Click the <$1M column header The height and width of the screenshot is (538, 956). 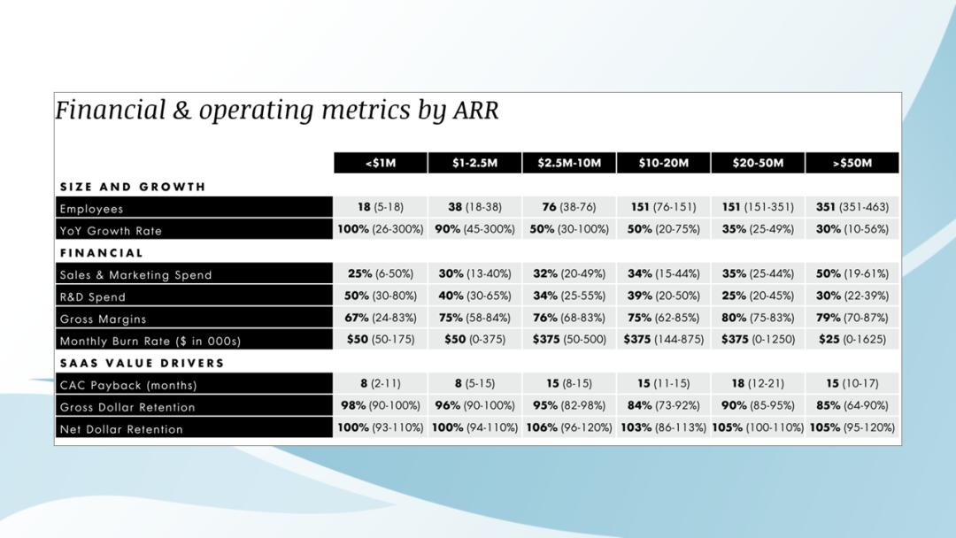(381, 163)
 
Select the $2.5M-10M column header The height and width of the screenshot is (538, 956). (569, 163)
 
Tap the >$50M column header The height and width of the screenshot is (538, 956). (852, 163)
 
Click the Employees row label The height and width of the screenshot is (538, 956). (91, 209)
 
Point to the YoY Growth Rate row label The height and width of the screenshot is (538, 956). (111, 231)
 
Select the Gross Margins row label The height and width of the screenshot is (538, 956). (103, 319)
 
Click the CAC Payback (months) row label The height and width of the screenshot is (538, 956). (128, 385)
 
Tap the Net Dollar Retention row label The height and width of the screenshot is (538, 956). (121, 429)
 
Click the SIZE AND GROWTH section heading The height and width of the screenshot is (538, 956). (133, 187)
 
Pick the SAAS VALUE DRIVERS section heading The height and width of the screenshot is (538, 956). (142, 363)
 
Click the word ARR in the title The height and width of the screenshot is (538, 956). (475, 111)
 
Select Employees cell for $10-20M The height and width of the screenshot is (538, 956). (663, 207)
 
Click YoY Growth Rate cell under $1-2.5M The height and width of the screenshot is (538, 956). (475, 229)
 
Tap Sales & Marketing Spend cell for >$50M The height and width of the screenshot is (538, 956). (852, 273)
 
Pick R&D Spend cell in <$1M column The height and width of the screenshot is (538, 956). (381, 296)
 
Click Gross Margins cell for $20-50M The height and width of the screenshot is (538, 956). (758, 318)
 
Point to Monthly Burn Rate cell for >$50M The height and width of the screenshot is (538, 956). (852, 340)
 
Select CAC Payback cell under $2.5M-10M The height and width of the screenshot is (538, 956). (569, 383)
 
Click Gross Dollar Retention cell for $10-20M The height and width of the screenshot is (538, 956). (663, 405)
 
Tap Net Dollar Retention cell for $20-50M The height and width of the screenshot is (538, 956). (758, 427)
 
